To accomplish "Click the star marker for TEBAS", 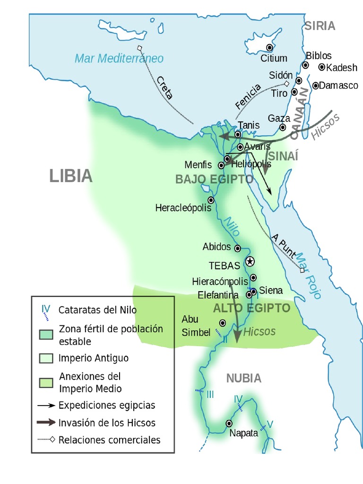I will click(250, 261).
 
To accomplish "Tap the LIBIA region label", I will click(71, 176).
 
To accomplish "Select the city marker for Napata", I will click(229, 423).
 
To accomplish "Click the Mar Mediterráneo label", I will click(119, 59).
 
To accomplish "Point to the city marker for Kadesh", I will click(322, 68).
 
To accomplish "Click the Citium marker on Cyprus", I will click(270, 47).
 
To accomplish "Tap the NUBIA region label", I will click(243, 378).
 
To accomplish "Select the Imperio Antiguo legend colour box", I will click(46, 358).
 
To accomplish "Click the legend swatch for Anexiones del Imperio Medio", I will click(46, 382).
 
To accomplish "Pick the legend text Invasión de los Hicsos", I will click(107, 423).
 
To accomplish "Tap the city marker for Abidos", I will click(238, 248).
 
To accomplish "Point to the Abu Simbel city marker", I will click(222, 323).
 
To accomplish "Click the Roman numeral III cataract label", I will click(210, 394).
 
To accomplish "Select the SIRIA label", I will click(320, 26).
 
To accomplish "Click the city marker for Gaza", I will click(283, 127).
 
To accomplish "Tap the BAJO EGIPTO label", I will click(214, 180).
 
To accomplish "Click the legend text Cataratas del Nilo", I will click(97, 310).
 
